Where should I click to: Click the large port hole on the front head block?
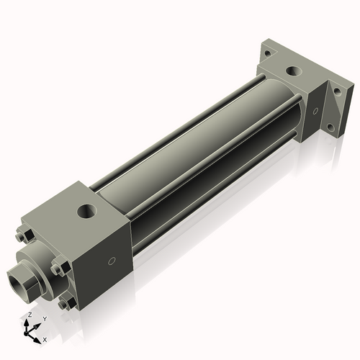click(x=87, y=212)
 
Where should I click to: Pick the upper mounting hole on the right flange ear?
click(x=335, y=94)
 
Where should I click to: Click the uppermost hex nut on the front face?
click(x=22, y=234)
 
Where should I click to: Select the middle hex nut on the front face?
click(x=56, y=269)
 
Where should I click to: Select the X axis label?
click(x=45, y=338)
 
